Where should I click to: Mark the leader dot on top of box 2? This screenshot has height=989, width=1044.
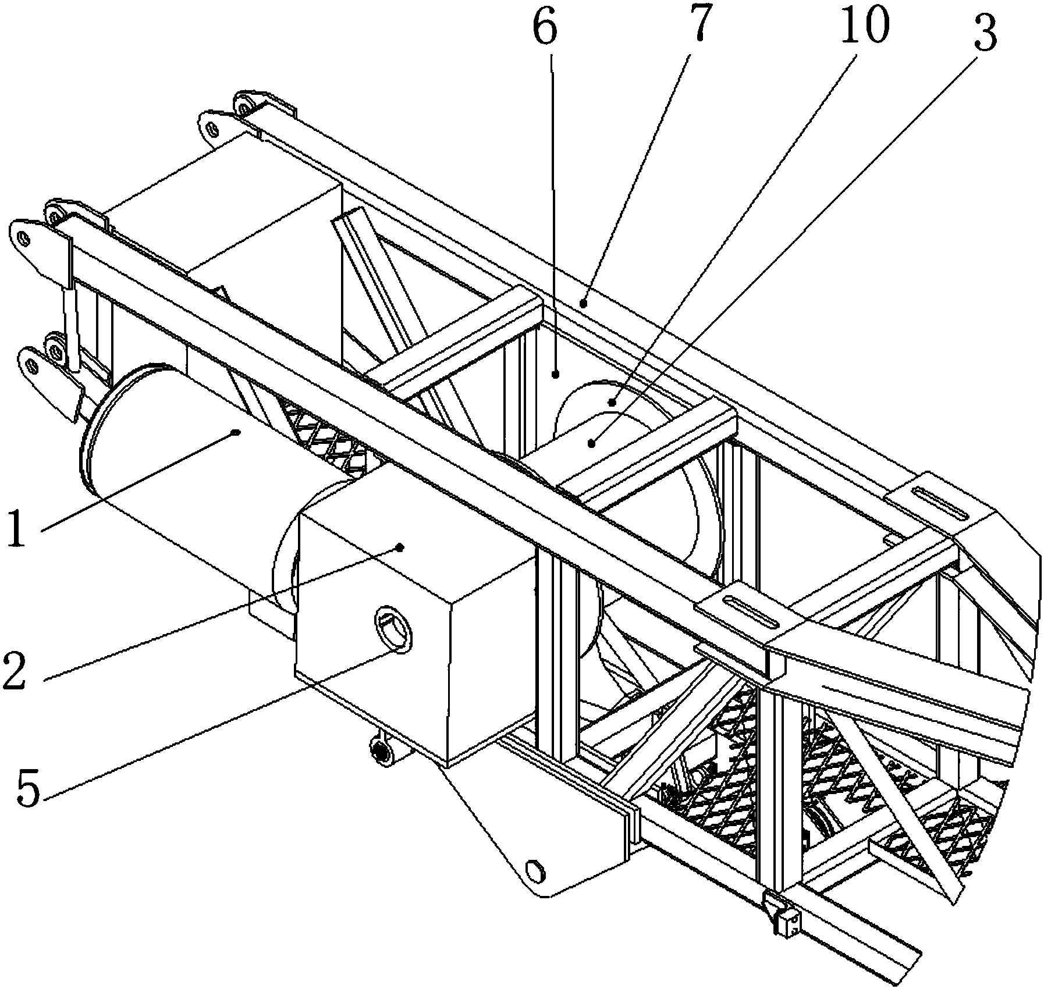click(x=400, y=547)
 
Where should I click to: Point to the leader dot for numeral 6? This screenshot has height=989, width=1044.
click(x=556, y=375)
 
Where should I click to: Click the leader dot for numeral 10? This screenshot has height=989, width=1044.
click(x=612, y=401)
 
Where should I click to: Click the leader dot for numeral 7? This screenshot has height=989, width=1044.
click(x=584, y=302)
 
